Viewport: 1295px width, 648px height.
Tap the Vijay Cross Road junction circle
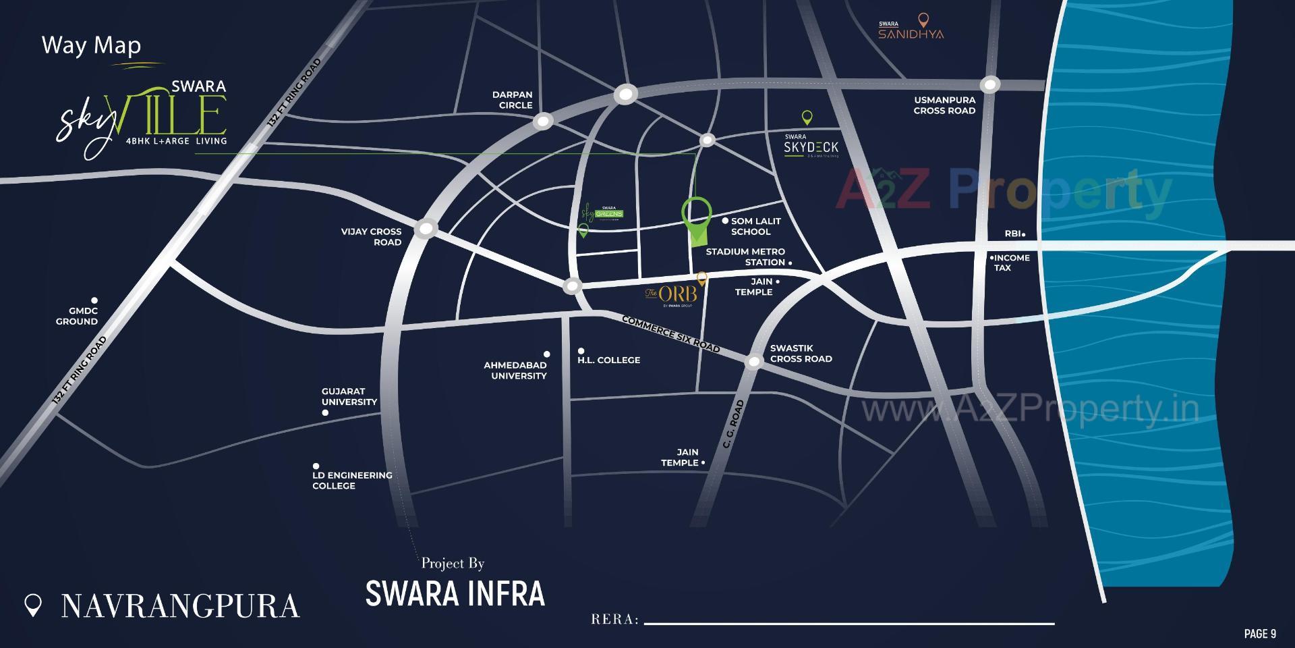pyautogui.click(x=426, y=230)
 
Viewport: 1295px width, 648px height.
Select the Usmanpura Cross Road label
pyautogui.click(x=944, y=105)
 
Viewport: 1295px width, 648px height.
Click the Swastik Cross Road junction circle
pyautogui.click(x=754, y=362)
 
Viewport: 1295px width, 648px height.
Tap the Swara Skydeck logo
pyautogui.click(x=811, y=146)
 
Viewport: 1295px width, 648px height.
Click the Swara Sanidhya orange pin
pyautogui.click(x=924, y=20)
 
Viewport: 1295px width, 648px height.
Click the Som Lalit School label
pyautogui.click(x=755, y=226)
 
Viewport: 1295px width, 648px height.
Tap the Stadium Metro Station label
pyautogui.click(x=745, y=256)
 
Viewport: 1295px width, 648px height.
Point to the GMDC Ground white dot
pyautogui.click(x=95, y=300)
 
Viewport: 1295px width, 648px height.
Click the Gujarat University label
pyautogui.click(x=349, y=396)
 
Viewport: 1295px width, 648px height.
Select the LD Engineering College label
pyautogui.click(x=351, y=480)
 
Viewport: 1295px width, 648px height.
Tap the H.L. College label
pyautogui.click(x=608, y=360)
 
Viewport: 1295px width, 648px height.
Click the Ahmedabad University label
pyautogui.click(x=516, y=370)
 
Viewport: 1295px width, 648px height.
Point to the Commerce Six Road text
pyautogui.click(x=670, y=334)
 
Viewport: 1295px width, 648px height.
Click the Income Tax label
pyautogui.click(x=1010, y=263)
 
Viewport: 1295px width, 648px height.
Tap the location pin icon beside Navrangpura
pyautogui.click(x=33, y=605)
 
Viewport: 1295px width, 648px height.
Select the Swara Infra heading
pyautogui.click(x=455, y=593)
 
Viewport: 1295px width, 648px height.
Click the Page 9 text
pyautogui.click(x=1260, y=634)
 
